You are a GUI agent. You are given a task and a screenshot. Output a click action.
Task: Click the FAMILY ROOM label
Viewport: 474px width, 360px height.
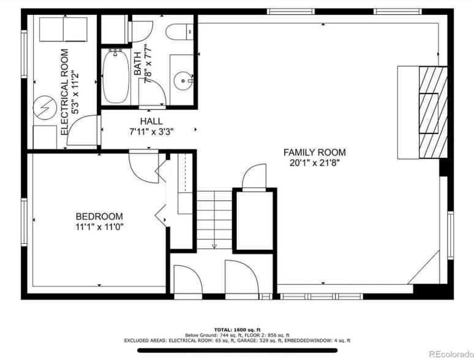tap(314, 152)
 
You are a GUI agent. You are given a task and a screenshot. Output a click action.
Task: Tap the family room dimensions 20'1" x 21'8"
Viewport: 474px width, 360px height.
tap(314, 163)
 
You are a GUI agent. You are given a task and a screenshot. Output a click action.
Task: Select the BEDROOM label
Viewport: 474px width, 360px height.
tap(99, 216)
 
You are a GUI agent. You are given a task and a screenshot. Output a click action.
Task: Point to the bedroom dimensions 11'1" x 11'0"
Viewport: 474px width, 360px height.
tap(99, 227)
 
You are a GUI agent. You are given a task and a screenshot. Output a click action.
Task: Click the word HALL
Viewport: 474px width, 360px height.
tap(151, 121)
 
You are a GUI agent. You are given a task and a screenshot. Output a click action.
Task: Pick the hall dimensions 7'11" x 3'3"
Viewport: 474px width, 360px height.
tap(151, 131)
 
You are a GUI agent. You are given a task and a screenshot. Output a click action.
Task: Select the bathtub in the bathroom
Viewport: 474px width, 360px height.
tap(115, 77)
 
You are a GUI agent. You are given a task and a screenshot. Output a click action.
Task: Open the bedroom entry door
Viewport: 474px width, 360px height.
tap(142, 166)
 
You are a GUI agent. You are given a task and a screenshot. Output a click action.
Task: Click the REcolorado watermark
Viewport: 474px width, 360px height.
tap(449, 353)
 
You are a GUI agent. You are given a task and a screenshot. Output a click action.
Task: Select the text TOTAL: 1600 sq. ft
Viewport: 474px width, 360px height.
tap(237, 328)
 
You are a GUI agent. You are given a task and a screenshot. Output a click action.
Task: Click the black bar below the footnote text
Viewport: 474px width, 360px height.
tap(237, 351)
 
